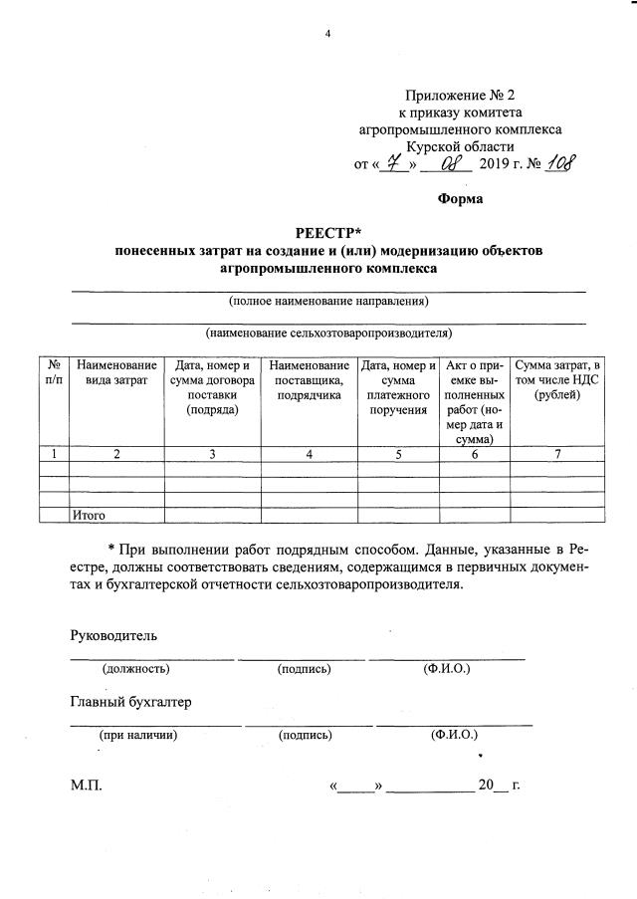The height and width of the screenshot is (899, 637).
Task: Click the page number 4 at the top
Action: tap(326, 36)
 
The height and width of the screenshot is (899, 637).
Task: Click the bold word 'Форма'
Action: tap(461, 199)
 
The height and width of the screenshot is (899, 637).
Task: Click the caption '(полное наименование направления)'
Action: tap(327, 300)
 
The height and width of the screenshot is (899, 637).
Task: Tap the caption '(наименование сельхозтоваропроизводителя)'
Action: tap(327, 333)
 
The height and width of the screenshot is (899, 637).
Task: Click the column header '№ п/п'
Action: tap(55, 373)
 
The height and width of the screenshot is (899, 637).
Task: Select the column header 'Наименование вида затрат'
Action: tap(116, 373)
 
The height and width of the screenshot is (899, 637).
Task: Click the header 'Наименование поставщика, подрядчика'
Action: tap(310, 381)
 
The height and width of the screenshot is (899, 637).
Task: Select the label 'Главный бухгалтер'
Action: tap(130, 702)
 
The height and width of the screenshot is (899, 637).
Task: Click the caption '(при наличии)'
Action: tap(137, 736)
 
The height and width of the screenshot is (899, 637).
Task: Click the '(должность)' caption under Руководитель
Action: tap(135, 669)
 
